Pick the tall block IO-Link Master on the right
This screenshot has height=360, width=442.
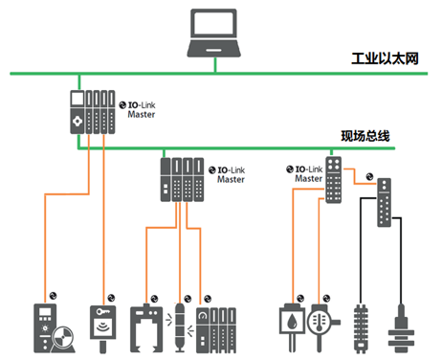334,180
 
